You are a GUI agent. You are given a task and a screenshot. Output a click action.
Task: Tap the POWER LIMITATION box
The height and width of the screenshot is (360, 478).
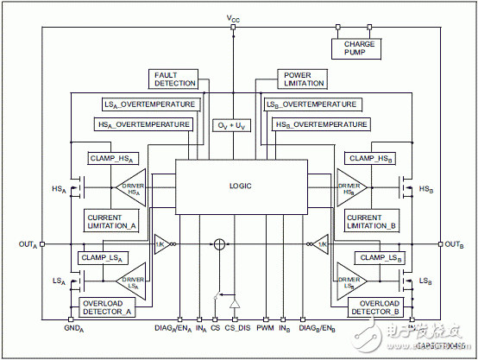(x=303, y=79)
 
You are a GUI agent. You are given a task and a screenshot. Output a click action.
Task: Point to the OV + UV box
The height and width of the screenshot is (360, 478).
(x=233, y=125)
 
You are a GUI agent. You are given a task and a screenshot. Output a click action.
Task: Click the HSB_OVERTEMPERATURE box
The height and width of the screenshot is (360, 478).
(x=316, y=124)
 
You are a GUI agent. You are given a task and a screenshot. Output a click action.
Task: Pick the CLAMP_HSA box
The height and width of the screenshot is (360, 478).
(x=114, y=158)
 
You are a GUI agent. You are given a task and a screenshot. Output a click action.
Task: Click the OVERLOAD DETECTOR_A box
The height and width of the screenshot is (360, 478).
(x=107, y=307)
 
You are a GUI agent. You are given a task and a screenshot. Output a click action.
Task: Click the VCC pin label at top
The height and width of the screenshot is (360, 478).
(x=233, y=16)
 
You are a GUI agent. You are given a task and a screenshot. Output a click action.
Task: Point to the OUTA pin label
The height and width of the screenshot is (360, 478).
(x=28, y=244)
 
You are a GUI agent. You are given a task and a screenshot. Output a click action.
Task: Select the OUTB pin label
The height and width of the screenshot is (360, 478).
(x=453, y=244)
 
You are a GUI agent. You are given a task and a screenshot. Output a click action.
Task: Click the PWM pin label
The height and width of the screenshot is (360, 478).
(x=266, y=329)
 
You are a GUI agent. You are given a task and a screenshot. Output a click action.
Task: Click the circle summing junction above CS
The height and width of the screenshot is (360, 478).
(x=220, y=244)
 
